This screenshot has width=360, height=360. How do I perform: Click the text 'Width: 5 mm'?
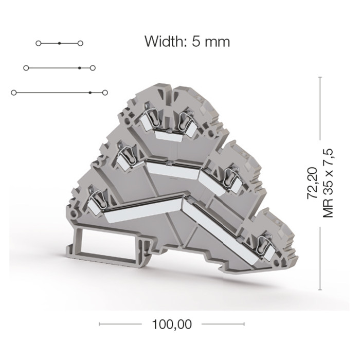pos(187,42)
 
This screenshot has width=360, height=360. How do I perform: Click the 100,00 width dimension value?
pos(172,324)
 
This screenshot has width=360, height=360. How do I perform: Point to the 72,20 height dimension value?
pos(312,183)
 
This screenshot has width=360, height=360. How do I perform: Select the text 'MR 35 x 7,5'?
pos(328,183)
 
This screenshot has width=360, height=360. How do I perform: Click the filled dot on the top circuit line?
pos(59,43)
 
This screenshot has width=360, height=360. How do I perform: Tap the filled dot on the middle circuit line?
pos(79,68)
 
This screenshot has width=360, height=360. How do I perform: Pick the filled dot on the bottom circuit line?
pos(90,93)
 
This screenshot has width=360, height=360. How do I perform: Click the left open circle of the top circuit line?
pos(39,43)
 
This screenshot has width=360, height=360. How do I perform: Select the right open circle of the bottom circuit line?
pos(105,93)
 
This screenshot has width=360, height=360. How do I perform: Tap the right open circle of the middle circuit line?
pos(93,68)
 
